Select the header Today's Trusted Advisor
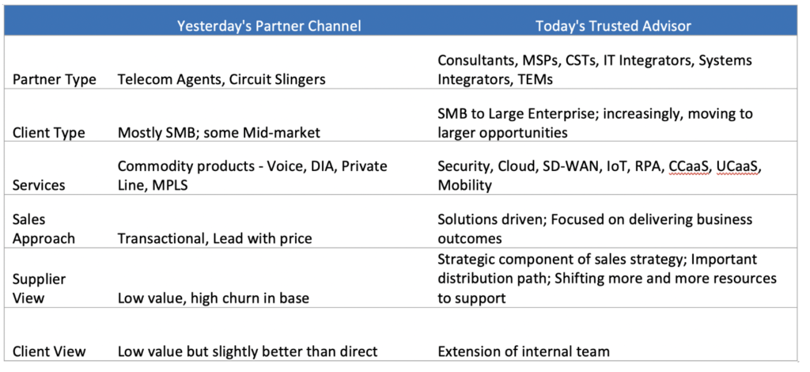tap(613, 26)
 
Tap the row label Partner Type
tap(55, 80)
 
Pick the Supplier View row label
tap(40, 289)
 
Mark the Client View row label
tap(49, 351)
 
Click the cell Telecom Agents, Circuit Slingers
tap(221, 80)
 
